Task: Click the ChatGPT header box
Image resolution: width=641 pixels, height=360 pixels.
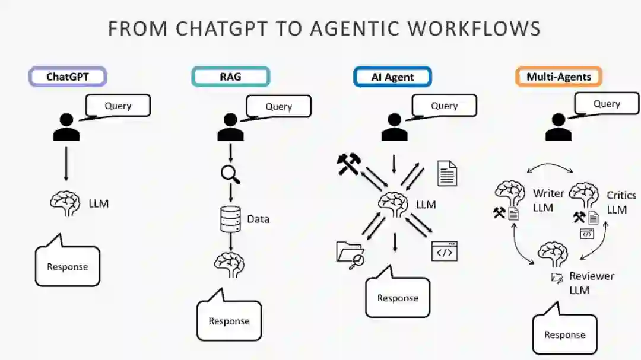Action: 68,77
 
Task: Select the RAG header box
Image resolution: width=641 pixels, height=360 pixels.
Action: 230,77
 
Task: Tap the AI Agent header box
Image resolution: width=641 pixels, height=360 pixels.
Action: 392,77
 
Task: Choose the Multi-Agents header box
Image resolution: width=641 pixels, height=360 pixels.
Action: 559,77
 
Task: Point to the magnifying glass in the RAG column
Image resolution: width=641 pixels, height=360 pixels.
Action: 230,174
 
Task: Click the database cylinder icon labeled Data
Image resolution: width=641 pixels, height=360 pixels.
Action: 230,219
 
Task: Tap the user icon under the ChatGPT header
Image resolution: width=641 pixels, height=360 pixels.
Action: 66,127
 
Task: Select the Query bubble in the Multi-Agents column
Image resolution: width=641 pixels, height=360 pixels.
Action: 607,104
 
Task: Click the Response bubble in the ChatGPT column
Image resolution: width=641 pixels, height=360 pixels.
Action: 67,266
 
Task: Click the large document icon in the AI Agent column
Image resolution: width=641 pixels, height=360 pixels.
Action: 447,173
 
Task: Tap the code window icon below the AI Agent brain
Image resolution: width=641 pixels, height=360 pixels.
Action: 445,251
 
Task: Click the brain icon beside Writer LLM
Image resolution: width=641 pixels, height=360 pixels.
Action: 510,195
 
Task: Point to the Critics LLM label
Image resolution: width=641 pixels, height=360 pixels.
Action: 621,202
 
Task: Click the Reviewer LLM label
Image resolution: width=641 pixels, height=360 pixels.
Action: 591,283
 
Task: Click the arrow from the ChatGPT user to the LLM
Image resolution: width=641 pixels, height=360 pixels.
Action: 66,162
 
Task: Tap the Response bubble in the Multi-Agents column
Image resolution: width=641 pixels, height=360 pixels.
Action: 564,334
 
